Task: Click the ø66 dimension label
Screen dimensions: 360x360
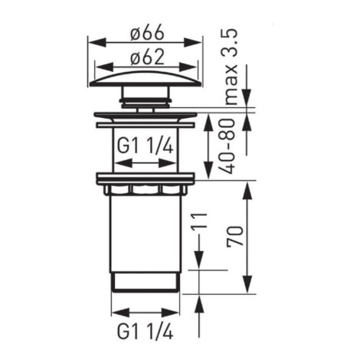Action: pos(147,33)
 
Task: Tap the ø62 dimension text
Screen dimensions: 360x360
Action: pos(147,57)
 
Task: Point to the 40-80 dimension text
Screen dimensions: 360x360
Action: pos(227,146)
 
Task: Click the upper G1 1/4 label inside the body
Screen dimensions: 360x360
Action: pos(146,146)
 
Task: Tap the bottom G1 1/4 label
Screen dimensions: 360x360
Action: pos(146,331)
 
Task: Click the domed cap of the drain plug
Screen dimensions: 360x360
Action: pos(146,79)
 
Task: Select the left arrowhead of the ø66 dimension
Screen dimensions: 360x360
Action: pos(97,42)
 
